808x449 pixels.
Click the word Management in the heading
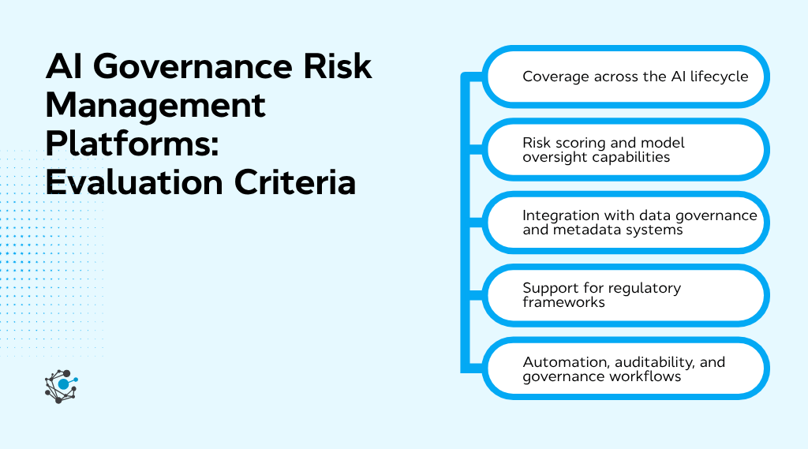(x=155, y=106)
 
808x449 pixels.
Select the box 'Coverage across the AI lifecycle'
(x=625, y=77)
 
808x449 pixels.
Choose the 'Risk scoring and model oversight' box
(x=625, y=150)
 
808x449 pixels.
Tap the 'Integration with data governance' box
(x=625, y=223)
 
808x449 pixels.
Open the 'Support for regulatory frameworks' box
(x=625, y=295)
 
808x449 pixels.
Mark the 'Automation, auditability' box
(x=625, y=369)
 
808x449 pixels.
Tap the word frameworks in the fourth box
(x=563, y=302)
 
